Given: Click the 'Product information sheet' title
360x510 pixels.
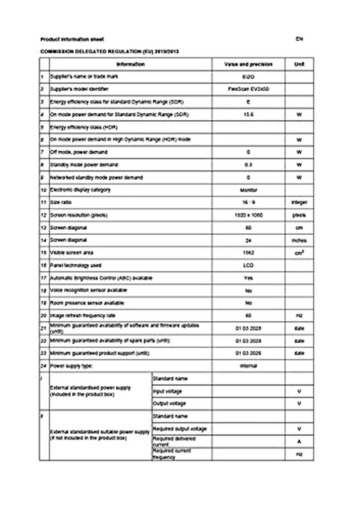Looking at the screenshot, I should pos(72,39).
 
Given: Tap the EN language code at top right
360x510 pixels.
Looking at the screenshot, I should pos(299,39).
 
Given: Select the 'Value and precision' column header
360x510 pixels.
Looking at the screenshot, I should pos(248,64).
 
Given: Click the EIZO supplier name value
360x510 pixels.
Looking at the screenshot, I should pos(248,77).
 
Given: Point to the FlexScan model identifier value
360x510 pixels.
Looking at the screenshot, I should pos(248,89).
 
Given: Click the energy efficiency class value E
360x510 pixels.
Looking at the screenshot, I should pos(248,102).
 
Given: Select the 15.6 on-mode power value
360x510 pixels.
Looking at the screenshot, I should pos(248,115).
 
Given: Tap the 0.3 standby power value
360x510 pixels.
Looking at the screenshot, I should pos(248,165).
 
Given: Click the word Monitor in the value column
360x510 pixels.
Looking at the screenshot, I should pos(248,190).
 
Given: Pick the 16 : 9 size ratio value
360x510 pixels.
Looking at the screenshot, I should pos(248,202).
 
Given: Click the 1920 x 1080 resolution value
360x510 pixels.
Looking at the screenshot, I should pos(248,215).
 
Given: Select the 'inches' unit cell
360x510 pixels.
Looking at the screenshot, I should pos(299,240).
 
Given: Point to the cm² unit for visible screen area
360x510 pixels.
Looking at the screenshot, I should pos(299,253).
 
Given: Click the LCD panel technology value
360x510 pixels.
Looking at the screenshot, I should pos(248,265).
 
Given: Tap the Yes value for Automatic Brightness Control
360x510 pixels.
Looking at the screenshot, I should pos(248,278).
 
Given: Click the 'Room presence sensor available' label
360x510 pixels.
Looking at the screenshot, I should pos(87,303).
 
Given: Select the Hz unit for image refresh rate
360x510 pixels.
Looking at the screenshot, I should pos(299,315).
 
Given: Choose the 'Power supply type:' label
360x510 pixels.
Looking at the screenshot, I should pos(71,366).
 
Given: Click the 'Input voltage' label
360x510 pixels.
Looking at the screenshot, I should pos(167,391).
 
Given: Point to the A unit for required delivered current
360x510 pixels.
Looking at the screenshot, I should pos(299,442).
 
